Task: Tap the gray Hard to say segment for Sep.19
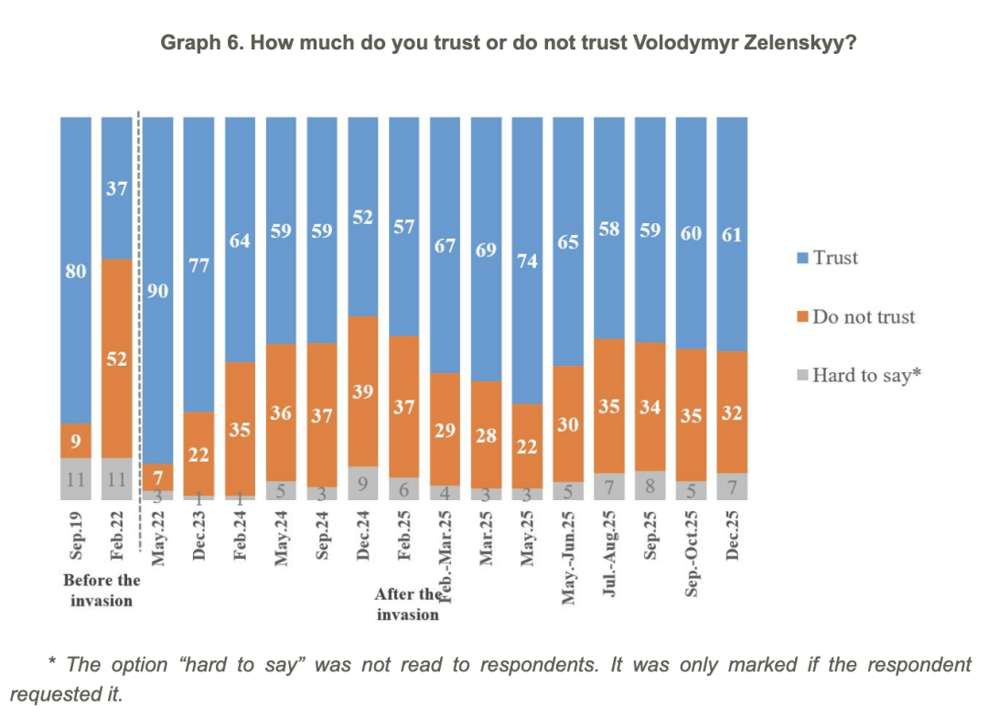(76, 478)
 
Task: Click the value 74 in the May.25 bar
(527, 260)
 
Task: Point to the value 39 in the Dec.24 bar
(363, 390)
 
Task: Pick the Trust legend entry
(827, 258)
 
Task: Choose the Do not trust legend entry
(855, 316)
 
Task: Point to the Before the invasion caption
(101, 590)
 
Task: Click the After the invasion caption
(407, 604)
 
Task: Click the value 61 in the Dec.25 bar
(732, 234)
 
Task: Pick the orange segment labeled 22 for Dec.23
(199, 453)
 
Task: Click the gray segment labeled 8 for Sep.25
(650, 485)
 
